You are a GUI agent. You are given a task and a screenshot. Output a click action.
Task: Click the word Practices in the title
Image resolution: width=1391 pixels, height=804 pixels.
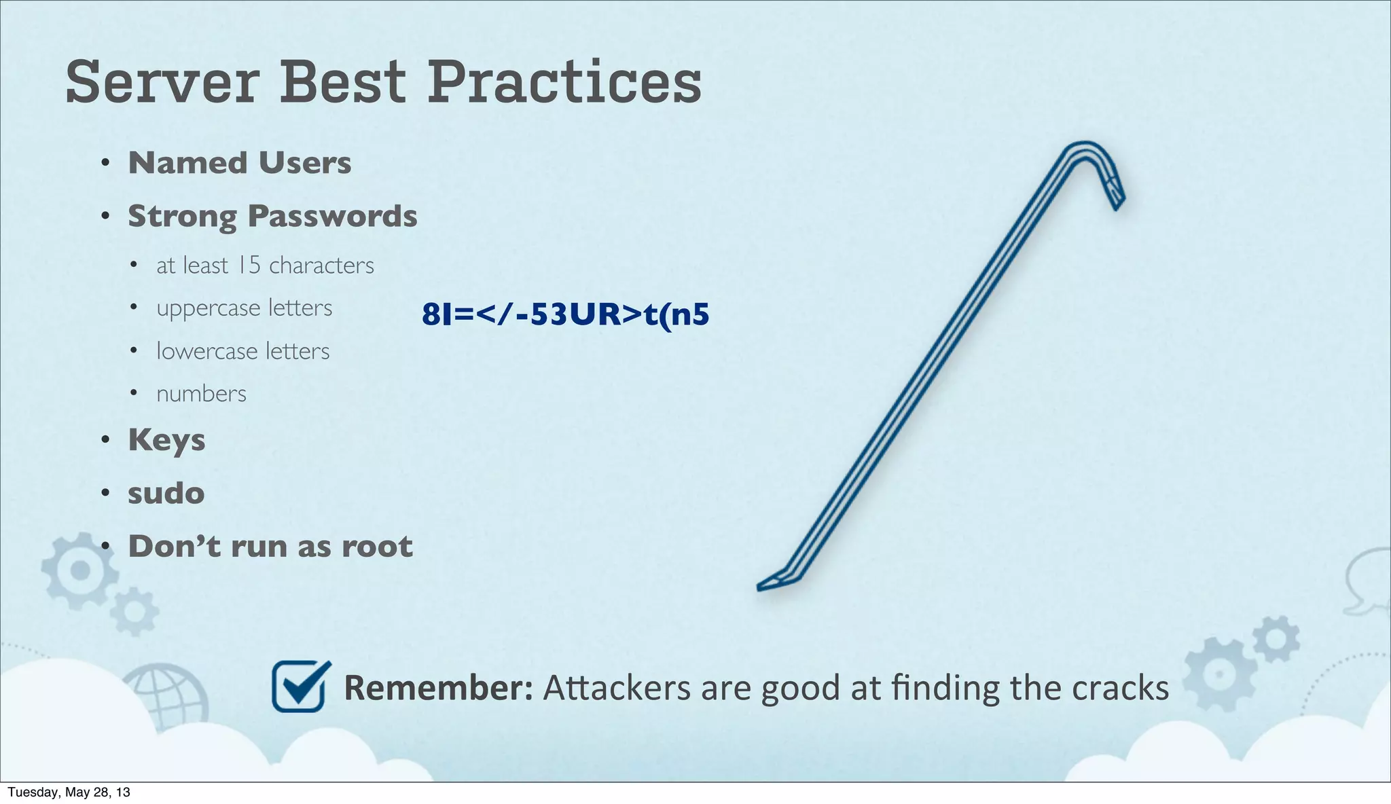564,82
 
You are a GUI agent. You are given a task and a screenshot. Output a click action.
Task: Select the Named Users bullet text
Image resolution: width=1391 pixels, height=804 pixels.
240,163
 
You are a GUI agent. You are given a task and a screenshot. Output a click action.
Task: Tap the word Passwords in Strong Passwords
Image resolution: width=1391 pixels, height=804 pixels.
332,217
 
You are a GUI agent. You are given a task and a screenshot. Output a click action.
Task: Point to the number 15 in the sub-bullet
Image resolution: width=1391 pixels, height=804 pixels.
249,265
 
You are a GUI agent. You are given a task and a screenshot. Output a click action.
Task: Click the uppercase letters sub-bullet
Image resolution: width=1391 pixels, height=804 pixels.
244,308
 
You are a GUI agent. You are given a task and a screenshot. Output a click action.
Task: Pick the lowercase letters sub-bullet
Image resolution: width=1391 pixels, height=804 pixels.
242,351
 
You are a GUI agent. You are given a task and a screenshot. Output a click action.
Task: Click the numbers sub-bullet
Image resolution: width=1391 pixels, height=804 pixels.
201,394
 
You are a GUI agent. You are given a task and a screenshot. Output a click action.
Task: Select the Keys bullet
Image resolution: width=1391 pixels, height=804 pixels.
166,440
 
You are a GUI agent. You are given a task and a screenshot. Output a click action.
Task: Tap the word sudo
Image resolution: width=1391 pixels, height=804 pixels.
166,493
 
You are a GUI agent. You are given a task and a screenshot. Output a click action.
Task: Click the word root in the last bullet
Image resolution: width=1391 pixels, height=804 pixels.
377,547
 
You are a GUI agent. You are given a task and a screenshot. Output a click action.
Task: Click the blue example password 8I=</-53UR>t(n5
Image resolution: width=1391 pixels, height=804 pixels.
565,314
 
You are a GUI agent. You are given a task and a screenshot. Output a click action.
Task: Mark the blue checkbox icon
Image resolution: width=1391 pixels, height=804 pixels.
300,687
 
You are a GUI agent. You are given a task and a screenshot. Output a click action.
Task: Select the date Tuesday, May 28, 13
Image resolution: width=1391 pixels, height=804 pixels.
69,792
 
